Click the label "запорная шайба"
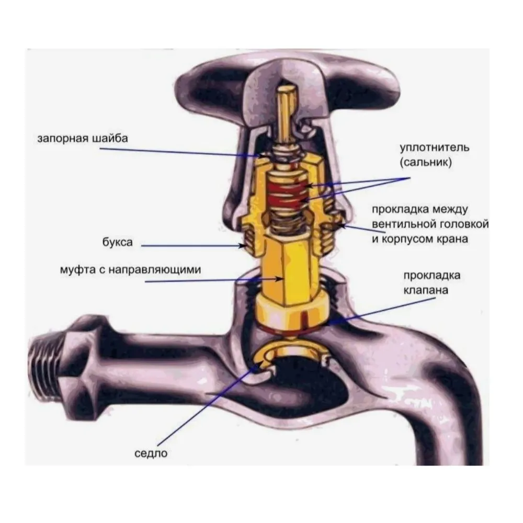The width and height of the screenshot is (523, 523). pos(82,139)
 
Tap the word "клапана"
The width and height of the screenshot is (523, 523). pos(426,289)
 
